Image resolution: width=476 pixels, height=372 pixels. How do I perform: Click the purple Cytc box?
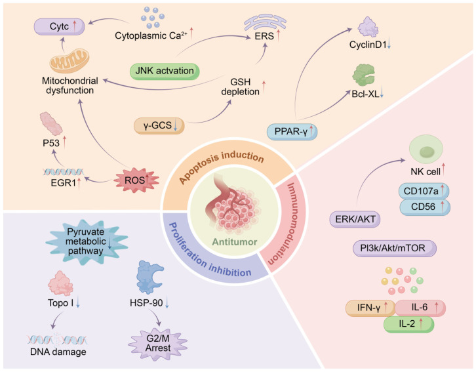[x=59, y=26]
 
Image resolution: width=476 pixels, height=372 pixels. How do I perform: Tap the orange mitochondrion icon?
[x=69, y=62]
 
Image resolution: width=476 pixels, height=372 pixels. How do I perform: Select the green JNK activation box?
[x=165, y=71]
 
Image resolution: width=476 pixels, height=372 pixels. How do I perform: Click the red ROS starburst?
[x=136, y=180]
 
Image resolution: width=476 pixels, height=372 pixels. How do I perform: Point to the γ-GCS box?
[x=159, y=125]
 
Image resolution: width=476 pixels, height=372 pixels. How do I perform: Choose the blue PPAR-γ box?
[x=292, y=132]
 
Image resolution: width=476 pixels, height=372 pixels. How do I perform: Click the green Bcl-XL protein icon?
[x=363, y=75]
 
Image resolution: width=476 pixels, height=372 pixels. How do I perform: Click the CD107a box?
[x=424, y=192]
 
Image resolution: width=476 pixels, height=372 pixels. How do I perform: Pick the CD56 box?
[x=424, y=207]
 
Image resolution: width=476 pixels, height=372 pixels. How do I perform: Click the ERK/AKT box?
[x=355, y=219]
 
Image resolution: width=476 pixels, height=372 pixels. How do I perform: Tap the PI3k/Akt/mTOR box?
[x=395, y=249]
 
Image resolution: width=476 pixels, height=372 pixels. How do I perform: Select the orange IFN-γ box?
[x=370, y=308]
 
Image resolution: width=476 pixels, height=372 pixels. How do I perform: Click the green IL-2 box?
[x=409, y=324]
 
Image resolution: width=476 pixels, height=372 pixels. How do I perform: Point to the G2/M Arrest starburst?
[x=158, y=343]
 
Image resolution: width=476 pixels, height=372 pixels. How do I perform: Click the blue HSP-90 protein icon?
[x=149, y=277]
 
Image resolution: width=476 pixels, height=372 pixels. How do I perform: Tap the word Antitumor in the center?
[x=235, y=242]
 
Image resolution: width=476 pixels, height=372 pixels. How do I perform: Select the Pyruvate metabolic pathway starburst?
[x=87, y=241]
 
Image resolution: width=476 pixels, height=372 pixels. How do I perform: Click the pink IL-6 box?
[x=420, y=308]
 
